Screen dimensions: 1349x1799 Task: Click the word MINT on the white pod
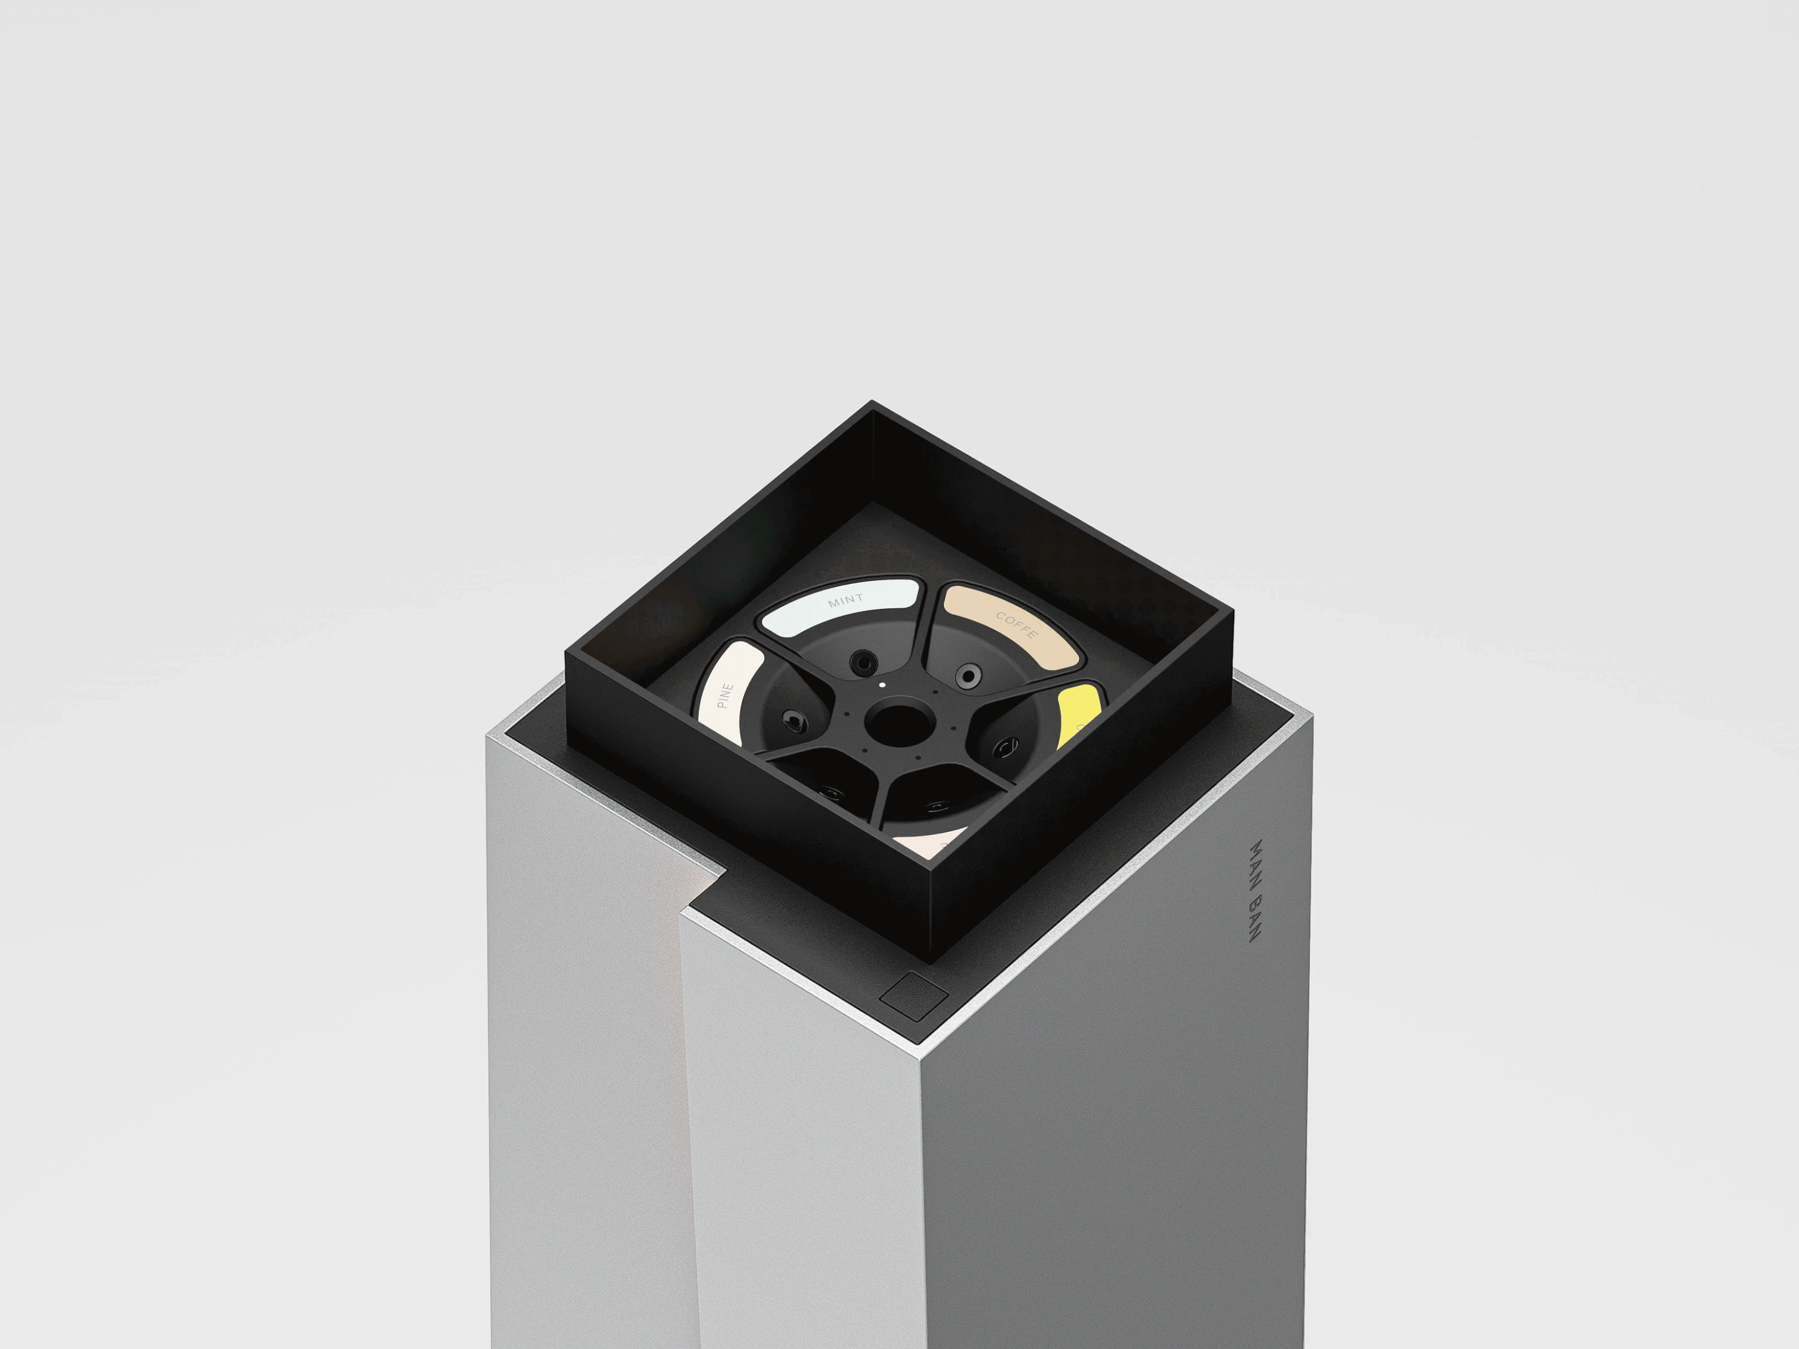(845, 600)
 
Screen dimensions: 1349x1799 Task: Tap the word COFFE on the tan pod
(1016, 625)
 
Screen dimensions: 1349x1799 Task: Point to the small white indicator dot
(882, 687)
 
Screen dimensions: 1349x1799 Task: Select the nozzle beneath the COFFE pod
(967, 675)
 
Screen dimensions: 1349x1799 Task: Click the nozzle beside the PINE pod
(792, 719)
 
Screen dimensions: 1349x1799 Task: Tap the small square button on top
(915, 995)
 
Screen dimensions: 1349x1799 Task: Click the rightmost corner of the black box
(1233, 616)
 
